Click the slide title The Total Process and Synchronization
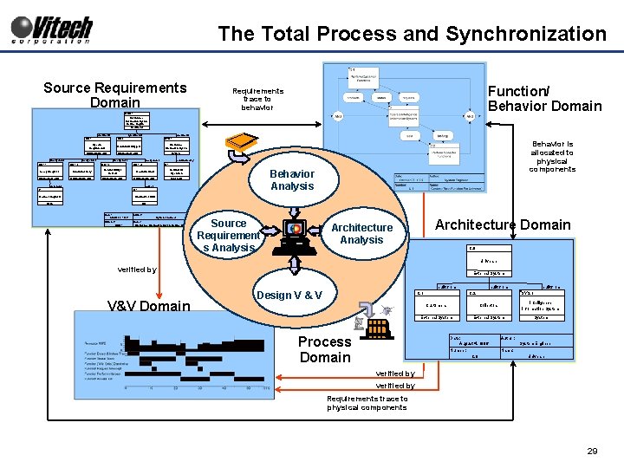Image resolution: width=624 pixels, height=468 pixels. click(x=412, y=34)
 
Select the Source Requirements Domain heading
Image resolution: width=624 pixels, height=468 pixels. click(x=115, y=94)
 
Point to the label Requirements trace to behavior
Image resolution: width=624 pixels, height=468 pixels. click(x=257, y=99)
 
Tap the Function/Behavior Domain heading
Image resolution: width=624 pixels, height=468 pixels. click(x=544, y=99)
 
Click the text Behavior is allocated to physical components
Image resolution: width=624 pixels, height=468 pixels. click(x=552, y=157)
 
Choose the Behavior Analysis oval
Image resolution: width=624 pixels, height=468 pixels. click(x=292, y=180)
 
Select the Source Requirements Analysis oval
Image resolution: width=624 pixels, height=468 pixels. click(x=229, y=236)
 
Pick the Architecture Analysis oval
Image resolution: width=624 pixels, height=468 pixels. click(x=362, y=233)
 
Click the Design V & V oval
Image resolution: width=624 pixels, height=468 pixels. click(x=289, y=296)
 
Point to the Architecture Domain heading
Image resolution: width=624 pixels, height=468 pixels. click(x=503, y=225)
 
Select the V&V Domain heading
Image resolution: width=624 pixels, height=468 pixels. click(x=148, y=305)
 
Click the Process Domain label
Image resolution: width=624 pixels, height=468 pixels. click(x=325, y=349)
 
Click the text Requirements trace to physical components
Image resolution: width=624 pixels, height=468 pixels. click(x=367, y=403)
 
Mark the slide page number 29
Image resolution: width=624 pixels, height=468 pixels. click(x=593, y=452)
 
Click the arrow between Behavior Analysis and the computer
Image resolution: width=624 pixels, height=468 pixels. click(x=294, y=204)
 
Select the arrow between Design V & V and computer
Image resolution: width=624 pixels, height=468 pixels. click(x=294, y=270)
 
